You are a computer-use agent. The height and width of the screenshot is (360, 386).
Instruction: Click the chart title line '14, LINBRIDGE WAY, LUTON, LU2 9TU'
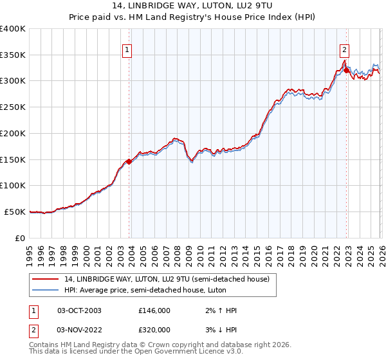[x=193, y=7]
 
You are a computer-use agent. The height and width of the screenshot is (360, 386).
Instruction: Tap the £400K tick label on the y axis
[x=13, y=29]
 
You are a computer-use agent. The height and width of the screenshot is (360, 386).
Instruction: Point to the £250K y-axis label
[x=13, y=107]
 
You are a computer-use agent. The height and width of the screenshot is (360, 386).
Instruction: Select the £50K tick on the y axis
[x=15, y=212]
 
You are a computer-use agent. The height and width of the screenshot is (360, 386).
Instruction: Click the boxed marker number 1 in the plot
[x=127, y=50]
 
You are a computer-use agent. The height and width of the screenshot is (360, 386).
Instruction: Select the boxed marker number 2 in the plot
[x=345, y=50]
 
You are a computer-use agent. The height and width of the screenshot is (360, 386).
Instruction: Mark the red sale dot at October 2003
[x=129, y=161]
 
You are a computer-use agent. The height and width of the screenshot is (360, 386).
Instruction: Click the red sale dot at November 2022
[x=346, y=71]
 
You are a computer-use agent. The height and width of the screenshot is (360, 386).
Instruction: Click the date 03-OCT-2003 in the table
[x=79, y=310]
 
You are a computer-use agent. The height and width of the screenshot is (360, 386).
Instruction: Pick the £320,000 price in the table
[x=154, y=330]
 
